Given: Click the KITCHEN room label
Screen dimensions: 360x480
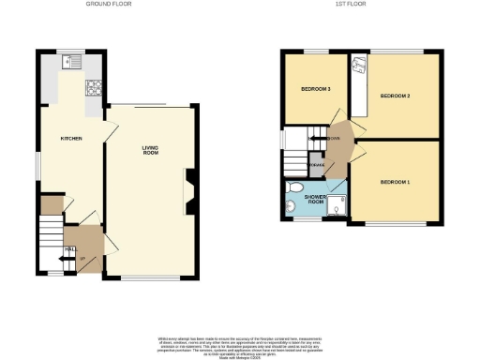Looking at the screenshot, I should click(71, 138).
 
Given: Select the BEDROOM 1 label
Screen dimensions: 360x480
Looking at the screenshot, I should click(396, 180).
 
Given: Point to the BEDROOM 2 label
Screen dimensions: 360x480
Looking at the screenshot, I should click(396, 97).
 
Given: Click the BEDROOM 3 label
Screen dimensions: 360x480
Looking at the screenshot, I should click(316, 89).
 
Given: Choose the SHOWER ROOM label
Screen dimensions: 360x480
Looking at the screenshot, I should click(316, 199).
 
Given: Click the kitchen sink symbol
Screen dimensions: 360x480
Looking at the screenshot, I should click(70, 62).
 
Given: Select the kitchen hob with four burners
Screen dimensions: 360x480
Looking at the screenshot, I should click(94, 91).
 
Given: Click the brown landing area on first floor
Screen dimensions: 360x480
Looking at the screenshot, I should click(340, 145).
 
